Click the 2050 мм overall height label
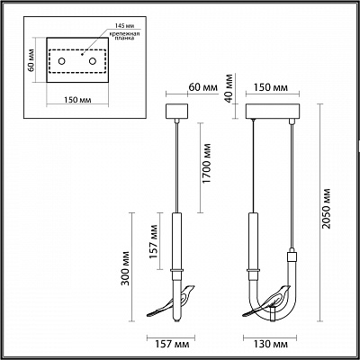click(326, 208)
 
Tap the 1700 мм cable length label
click(206, 163)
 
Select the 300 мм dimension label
click(125, 267)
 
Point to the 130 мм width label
click(271, 344)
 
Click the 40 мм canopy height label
click(229, 88)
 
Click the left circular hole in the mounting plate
click(61, 61)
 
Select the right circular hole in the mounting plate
click(93, 61)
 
